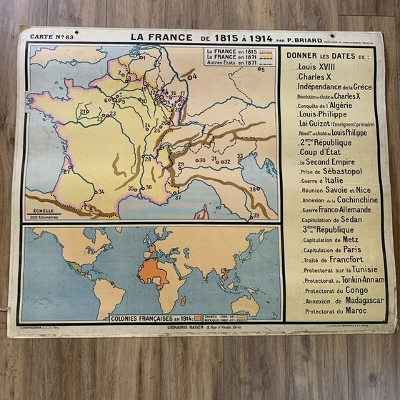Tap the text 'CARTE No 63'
coord(57,38)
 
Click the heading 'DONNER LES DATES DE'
coord(328,55)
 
